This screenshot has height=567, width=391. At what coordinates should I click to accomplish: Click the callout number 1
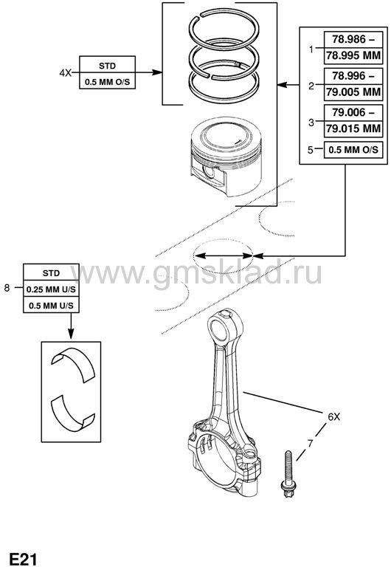[x=311, y=49]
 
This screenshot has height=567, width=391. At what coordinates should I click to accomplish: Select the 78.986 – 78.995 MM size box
[x=353, y=48]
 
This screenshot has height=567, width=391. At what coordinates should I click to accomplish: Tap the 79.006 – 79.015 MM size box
[x=353, y=121]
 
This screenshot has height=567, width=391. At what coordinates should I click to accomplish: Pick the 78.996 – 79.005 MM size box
[x=353, y=84]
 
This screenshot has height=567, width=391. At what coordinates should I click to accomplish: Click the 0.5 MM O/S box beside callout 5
[x=353, y=150]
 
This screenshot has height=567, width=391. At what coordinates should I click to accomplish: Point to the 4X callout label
[x=66, y=72]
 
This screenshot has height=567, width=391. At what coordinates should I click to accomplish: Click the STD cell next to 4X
[x=107, y=66]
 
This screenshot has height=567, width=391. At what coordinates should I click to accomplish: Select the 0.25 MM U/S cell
[x=51, y=289]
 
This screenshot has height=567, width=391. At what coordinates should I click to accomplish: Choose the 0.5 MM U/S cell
[x=51, y=305]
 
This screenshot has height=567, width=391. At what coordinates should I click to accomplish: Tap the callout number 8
[x=7, y=288]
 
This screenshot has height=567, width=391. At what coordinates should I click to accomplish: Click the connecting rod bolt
[x=288, y=474]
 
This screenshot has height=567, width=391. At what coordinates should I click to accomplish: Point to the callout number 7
[x=309, y=443]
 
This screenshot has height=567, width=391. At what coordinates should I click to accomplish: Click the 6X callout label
[x=334, y=417]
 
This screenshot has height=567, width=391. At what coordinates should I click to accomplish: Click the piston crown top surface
[x=226, y=135]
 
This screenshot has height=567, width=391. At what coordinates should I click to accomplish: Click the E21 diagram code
[x=23, y=559]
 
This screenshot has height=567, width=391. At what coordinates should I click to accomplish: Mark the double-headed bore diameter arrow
[x=224, y=255]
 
